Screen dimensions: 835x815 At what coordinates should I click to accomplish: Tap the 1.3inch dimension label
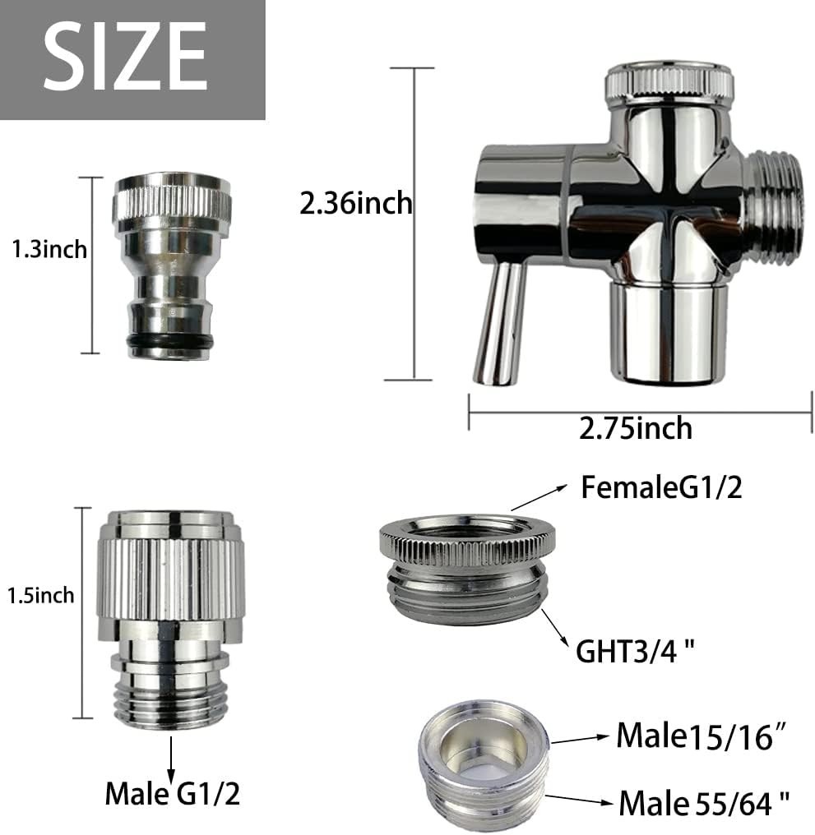[x=49, y=249]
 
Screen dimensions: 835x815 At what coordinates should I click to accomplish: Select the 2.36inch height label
[x=355, y=202]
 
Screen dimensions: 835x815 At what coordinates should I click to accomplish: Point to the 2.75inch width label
[x=635, y=428]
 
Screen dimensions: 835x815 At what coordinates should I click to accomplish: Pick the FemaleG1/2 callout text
[x=661, y=488]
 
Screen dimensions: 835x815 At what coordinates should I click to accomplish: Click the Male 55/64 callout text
[x=704, y=801]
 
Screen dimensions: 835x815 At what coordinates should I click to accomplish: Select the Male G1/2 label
[x=173, y=793]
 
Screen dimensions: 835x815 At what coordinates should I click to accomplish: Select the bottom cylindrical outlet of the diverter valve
[x=669, y=333]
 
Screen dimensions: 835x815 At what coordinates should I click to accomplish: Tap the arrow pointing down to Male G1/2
[x=172, y=756]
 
